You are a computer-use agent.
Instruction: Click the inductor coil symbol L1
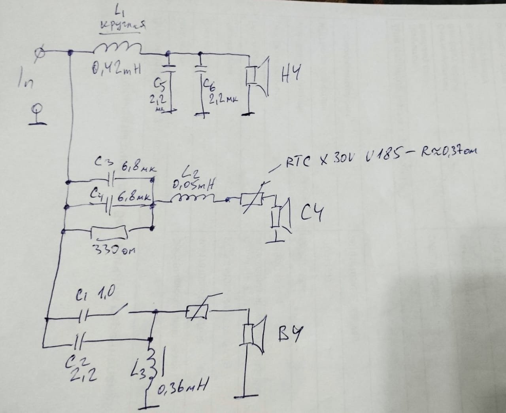click(118, 48)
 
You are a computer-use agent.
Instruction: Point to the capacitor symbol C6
click(201, 68)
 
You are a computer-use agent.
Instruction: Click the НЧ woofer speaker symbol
click(257, 76)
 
